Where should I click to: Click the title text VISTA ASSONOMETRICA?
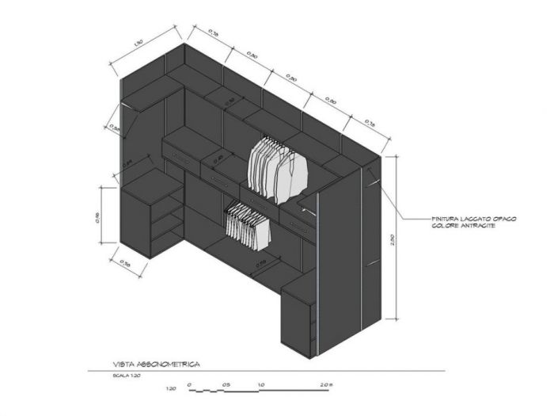coord(156,364)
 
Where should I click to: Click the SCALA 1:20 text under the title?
coord(127,376)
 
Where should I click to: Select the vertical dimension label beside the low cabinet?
coord(97,216)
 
